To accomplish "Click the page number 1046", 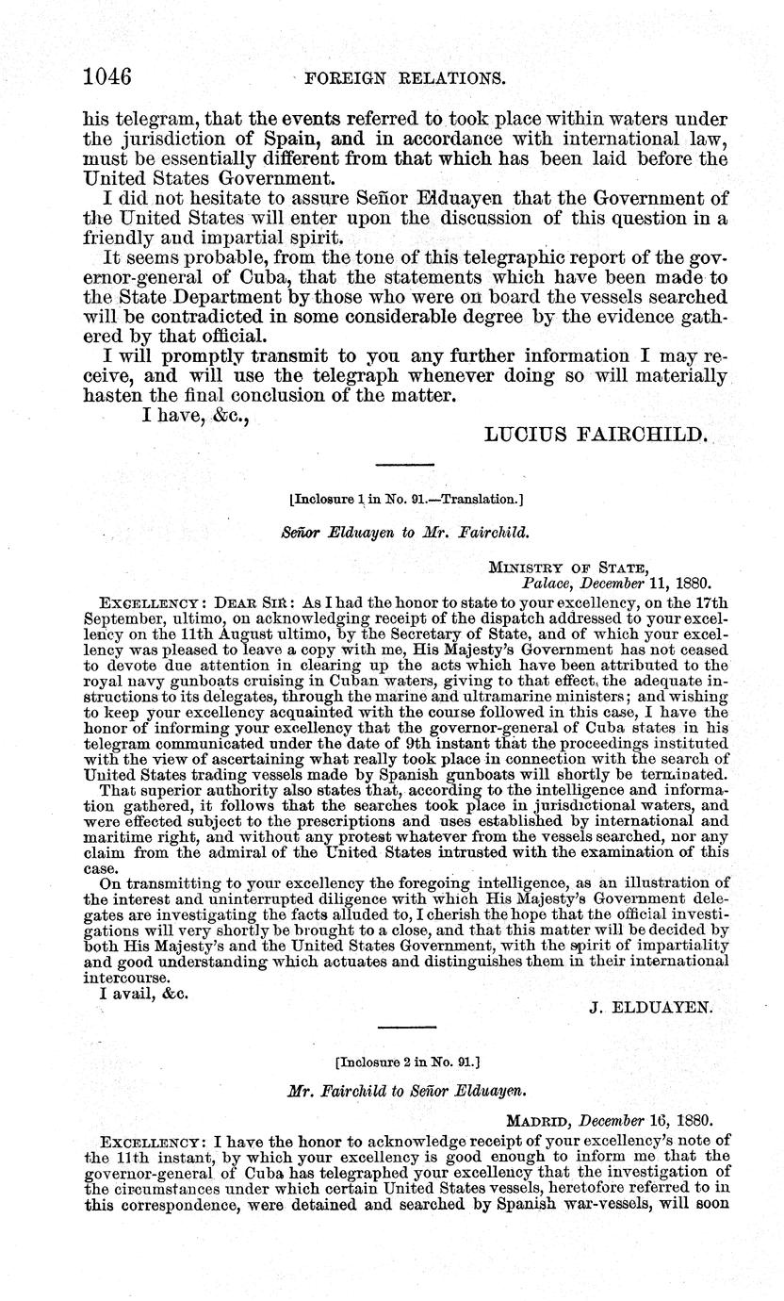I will coord(106,76).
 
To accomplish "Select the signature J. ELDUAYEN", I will coord(651,1006).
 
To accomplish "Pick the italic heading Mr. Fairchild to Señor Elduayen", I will coord(406,1090).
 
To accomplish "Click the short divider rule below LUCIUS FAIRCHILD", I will coord(404,465).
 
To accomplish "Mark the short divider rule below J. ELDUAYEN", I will coord(406,1027).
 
